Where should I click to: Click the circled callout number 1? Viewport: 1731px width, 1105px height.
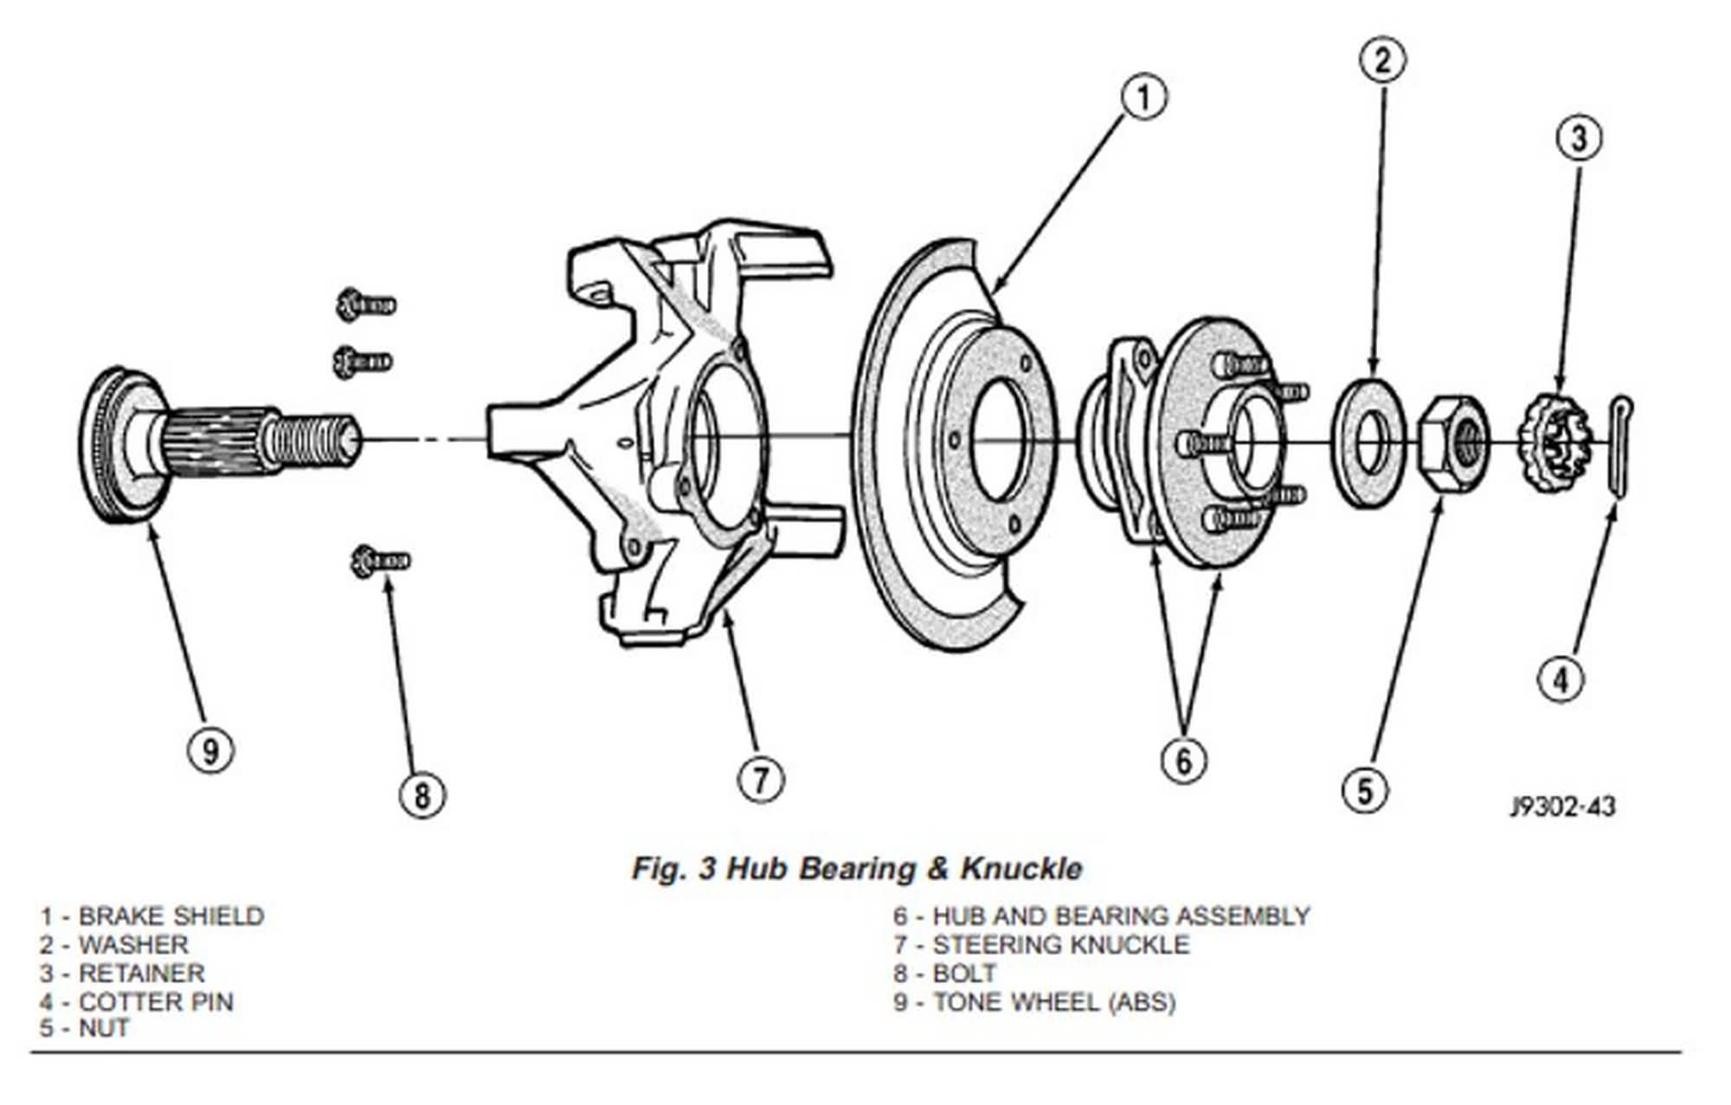tap(1144, 97)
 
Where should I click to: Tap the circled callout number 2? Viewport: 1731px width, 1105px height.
tap(1382, 60)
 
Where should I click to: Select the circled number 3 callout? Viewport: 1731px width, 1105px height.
tap(1579, 138)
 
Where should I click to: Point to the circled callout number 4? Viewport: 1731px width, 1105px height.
tap(1560, 679)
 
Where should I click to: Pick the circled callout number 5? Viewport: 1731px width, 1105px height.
tap(1365, 790)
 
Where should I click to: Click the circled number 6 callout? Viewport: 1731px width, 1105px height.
tap(1183, 761)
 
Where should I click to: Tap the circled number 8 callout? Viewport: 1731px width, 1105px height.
tap(421, 794)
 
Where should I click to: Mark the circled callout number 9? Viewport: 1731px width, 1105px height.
tap(211, 749)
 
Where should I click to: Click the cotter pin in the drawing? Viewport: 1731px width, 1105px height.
tap(1620, 445)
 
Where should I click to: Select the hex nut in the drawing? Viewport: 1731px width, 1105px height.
tap(1455, 443)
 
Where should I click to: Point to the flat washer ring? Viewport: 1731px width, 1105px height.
tap(1370, 442)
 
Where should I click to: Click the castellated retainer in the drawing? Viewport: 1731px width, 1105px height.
tap(1557, 442)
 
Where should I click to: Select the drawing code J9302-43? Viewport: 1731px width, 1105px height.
tap(1562, 806)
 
